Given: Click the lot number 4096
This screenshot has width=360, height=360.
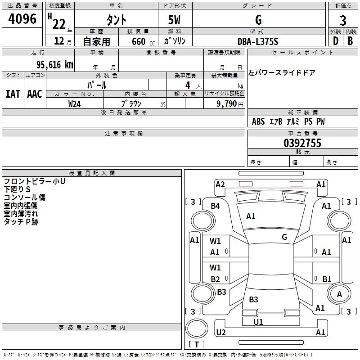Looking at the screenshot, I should tap(22, 19).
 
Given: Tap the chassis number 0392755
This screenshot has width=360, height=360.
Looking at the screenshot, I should tap(302, 143).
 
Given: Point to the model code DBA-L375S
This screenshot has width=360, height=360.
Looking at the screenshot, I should tap(258, 41).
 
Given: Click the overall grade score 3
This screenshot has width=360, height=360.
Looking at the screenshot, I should tap(343, 20).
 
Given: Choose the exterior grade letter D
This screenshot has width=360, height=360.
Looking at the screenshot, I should tap(335, 41).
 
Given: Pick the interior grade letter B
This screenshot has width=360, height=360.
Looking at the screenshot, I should tap(351, 41).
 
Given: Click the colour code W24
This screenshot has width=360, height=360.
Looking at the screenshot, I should tap(74, 103).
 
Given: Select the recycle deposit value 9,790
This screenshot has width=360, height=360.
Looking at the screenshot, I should tap(230, 103).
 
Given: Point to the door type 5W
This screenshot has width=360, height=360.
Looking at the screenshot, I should tap(175, 20).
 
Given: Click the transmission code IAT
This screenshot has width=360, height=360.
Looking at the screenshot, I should tap(13, 94).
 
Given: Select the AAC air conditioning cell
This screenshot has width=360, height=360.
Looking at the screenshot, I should tap(35, 94).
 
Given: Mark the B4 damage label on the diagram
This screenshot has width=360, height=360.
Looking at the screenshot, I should tap(216, 206).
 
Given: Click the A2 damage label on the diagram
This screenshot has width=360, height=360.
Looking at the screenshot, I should tap(220, 184).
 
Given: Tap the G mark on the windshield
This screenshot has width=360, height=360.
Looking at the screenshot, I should tap(284, 237).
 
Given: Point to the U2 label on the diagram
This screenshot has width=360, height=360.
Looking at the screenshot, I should tap(220, 332).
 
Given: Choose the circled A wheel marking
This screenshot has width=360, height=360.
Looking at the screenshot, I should tap(339, 294).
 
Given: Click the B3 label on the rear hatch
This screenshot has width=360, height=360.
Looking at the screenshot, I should tap(253, 299).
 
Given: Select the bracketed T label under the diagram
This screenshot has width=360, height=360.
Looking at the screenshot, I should tap(197, 344).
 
